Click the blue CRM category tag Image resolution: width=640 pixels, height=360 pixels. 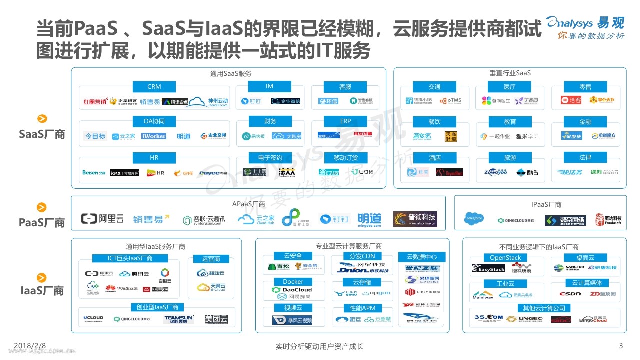point(154,87)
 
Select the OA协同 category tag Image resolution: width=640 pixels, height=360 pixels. point(154,121)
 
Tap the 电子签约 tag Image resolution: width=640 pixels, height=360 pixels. point(270,158)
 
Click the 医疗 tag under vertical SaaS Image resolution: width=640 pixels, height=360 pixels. point(509,87)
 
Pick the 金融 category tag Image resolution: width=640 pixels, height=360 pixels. point(585,121)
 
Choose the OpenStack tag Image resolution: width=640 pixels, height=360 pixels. point(505,258)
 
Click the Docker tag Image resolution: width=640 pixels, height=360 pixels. point(293,282)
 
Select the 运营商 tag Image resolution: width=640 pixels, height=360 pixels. point(211,259)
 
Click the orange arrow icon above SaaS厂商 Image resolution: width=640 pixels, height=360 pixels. point(42,119)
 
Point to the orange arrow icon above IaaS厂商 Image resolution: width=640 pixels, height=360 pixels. point(42,278)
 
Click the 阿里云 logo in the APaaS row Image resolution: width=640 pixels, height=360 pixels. point(102,219)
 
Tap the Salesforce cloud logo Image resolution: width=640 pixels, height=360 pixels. point(474,219)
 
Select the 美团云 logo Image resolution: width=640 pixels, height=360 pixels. point(216,319)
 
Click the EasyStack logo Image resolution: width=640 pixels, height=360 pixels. point(488,269)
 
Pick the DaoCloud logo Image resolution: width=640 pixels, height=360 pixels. point(292,290)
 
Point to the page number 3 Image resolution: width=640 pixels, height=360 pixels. point(621,345)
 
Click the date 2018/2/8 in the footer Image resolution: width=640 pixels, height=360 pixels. point(30,345)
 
